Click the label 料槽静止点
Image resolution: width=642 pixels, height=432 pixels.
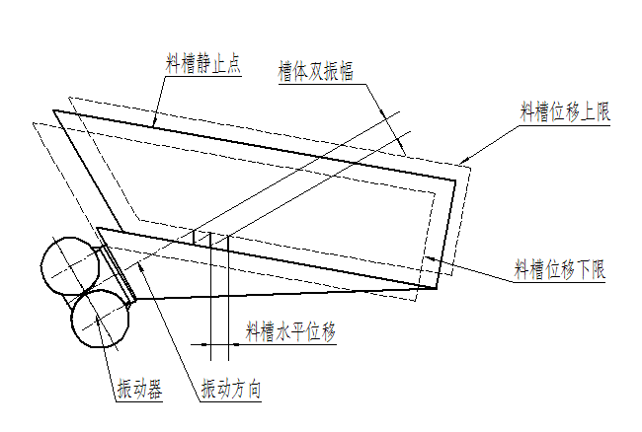(x=203, y=64)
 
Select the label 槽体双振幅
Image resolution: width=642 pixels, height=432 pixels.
(x=315, y=72)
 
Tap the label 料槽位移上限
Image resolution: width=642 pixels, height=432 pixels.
(x=565, y=111)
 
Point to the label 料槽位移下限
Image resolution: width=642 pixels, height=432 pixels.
(x=560, y=269)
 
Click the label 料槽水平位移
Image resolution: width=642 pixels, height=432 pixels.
(x=290, y=331)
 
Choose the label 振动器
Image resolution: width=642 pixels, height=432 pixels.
(x=140, y=389)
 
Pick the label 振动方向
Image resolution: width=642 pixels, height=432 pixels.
(x=231, y=389)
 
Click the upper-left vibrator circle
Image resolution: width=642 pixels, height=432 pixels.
(x=70, y=266)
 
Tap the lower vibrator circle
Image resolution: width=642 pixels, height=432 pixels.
(x=100, y=319)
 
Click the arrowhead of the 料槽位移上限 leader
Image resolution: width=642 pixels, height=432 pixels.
(x=462, y=162)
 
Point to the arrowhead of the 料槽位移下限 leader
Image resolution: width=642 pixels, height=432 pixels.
(x=429, y=258)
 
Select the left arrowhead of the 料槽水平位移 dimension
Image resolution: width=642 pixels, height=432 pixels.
(x=206, y=344)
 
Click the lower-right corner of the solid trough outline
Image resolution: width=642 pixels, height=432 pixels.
(x=437, y=288)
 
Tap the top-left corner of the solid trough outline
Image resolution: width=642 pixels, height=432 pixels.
(x=53, y=110)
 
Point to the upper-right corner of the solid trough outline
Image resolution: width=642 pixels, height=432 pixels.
(x=455, y=180)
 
